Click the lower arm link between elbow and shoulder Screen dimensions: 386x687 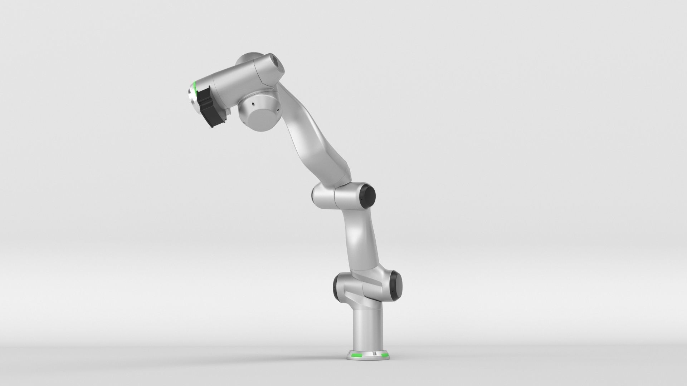pyautogui.click(x=361, y=239)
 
